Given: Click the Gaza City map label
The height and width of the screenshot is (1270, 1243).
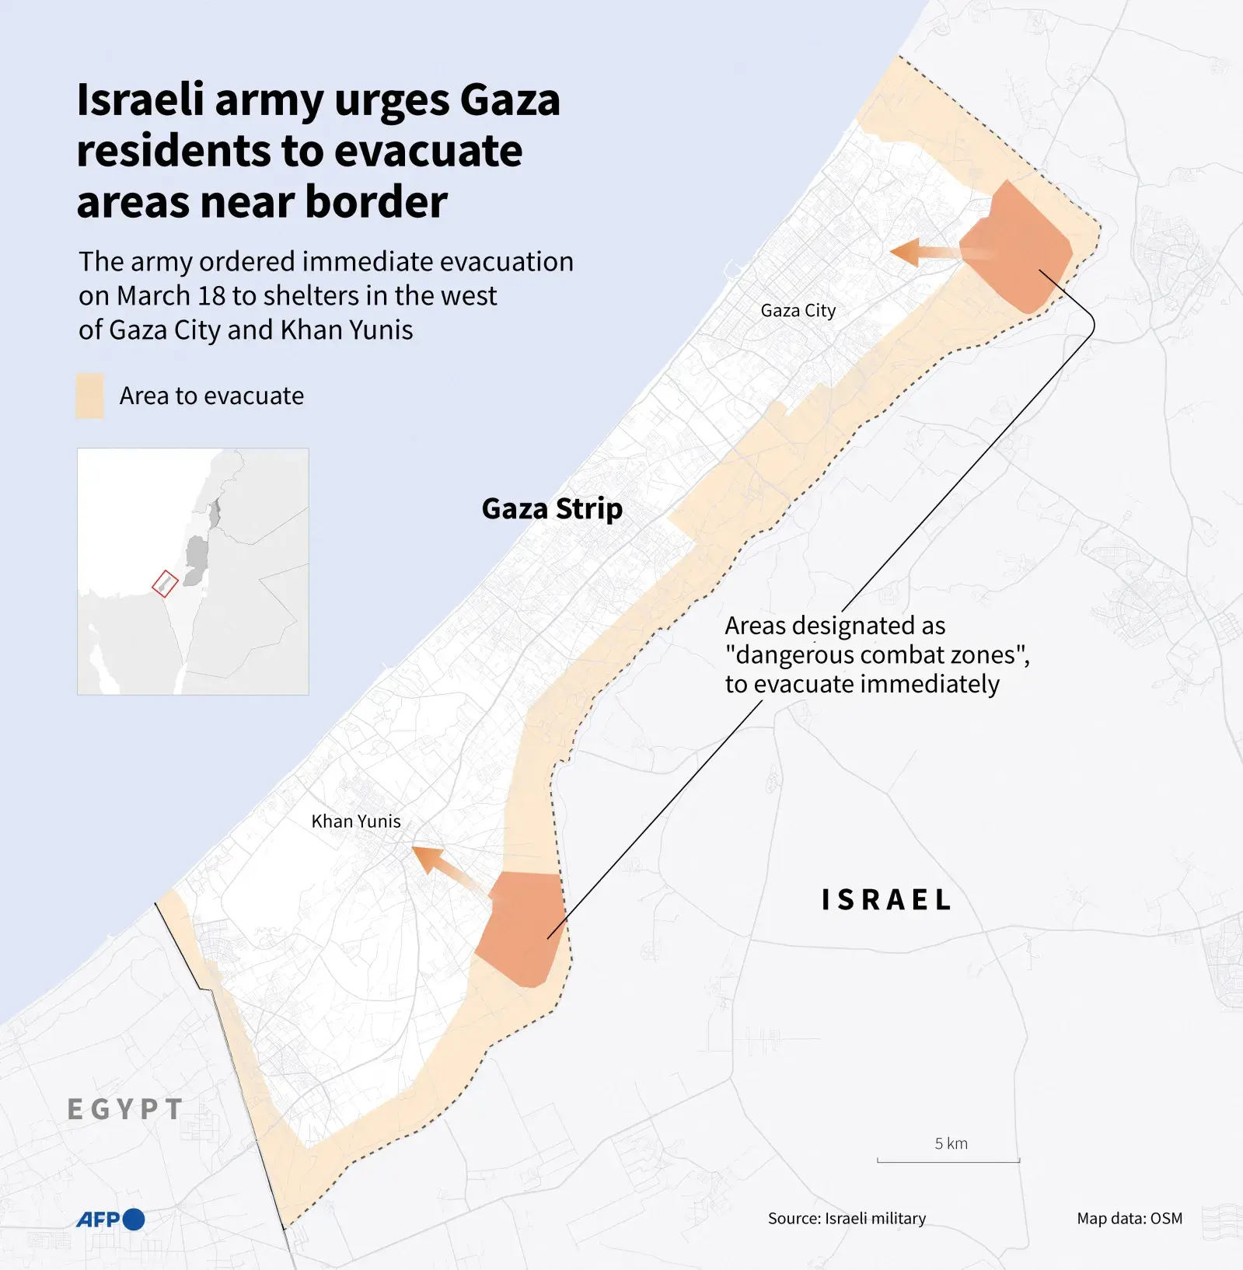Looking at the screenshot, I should point(798,311).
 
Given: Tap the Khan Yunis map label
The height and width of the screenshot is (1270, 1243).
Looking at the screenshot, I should point(356,822).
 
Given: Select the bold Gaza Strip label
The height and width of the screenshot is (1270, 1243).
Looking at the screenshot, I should point(552,509).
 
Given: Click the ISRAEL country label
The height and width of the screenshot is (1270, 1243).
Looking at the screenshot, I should point(886,900).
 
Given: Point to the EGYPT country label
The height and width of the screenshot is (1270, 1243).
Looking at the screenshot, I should point(126,1109).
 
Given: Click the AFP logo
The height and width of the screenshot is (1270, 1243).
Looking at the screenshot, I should point(110,1219).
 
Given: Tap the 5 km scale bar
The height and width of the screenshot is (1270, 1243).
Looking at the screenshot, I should point(948,1160).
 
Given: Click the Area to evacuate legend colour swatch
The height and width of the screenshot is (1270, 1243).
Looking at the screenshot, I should point(89,396).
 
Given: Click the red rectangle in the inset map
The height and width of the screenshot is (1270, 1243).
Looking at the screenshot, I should point(165,583).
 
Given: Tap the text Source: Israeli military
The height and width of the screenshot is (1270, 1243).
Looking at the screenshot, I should point(847,1219).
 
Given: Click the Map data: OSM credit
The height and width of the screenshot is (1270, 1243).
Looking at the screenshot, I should point(1129,1219).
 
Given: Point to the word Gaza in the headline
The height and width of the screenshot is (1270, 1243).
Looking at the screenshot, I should point(510,101).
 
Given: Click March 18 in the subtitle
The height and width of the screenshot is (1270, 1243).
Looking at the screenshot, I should point(171,296).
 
